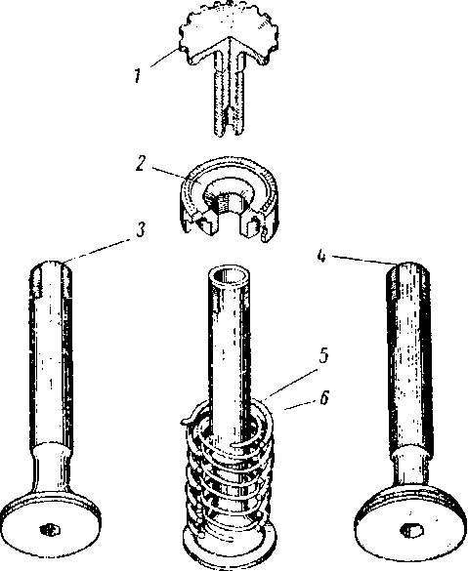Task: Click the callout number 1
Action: coord(137,76)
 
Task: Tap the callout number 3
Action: coord(141,230)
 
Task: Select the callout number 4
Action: coord(321,256)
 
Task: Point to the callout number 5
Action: coord(323,355)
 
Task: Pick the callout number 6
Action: coord(324,397)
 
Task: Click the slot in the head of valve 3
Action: coord(50,529)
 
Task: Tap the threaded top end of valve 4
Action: coord(407,280)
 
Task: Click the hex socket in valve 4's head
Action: coord(411,529)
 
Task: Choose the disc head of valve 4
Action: coord(410,523)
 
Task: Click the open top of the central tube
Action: coord(229,275)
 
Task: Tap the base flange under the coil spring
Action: coord(229,550)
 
